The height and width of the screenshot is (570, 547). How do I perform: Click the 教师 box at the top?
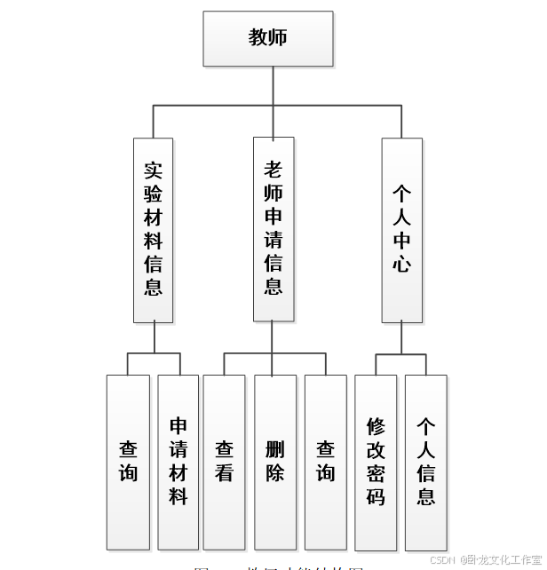pyautogui.click(x=268, y=39)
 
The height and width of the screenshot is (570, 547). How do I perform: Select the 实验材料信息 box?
pyautogui.click(x=153, y=229)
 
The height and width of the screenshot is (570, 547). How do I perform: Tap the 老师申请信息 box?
pyautogui.click(x=273, y=229)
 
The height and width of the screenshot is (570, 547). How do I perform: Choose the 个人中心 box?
pyautogui.click(x=402, y=229)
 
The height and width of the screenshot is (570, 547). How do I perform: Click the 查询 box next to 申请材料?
pyautogui.click(x=128, y=462)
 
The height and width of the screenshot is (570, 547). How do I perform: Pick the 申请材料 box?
pyautogui.click(x=178, y=462)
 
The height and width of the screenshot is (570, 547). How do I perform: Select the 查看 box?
pyautogui.click(x=224, y=462)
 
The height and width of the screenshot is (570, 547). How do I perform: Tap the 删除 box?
pyautogui.click(x=275, y=462)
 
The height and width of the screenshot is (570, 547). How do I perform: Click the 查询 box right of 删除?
pyautogui.click(x=326, y=462)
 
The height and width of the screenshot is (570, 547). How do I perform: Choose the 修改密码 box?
pyautogui.click(x=376, y=462)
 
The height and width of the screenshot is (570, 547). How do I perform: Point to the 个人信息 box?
pyautogui.click(x=426, y=462)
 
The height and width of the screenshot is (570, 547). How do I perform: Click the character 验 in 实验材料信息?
pyautogui.click(x=153, y=194)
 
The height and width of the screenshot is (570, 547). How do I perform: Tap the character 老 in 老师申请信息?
pyautogui.click(x=273, y=170)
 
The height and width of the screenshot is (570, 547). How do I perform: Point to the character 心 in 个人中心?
pyautogui.click(x=402, y=264)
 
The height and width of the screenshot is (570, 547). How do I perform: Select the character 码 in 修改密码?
pyautogui.click(x=376, y=496)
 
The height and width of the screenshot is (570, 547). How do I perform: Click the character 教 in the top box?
pyautogui.click(x=258, y=37)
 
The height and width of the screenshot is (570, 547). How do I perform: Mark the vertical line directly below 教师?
pyautogui.click(x=268, y=86)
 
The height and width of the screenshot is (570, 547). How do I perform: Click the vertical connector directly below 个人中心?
pyautogui.click(x=401, y=338)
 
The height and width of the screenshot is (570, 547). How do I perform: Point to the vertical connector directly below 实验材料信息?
pyautogui.click(x=154, y=338)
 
